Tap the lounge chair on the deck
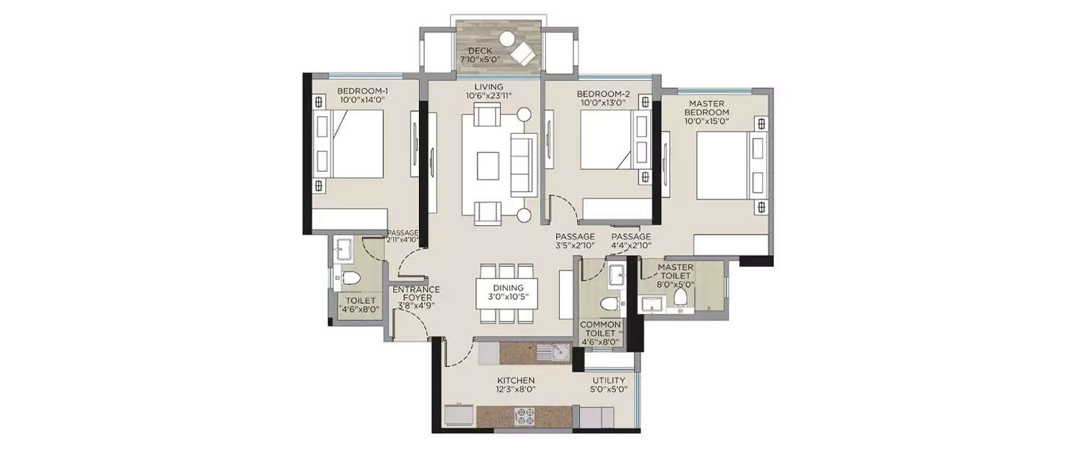pyautogui.click(x=522, y=53)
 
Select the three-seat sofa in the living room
pyautogui.click(x=522, y=164)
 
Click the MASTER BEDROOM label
pyautogui.click(x=707, y=112)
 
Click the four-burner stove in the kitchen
pyautogui.click(x=524, y=416)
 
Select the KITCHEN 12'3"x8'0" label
pyautogui.click(x=515, y=385)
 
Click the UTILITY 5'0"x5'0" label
pyautogui.click(x=609, y=385)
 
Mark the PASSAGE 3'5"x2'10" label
pyautogui.click(x=575, y=241)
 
